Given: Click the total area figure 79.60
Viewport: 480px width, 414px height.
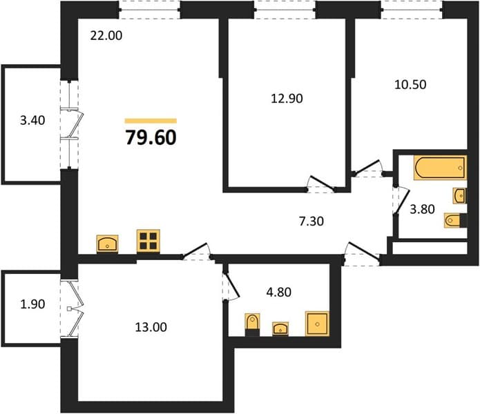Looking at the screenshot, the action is tap(151, 137).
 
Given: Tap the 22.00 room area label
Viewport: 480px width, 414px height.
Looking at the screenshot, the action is tap(106, 35).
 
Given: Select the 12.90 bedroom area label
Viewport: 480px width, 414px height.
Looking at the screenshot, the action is tap(287, 99).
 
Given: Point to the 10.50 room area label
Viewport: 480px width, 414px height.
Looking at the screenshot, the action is tap(410, 84).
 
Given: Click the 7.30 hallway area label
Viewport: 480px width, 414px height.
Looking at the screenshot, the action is tap(311, 221).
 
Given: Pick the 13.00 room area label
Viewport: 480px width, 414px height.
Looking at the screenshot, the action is tap(151, 327).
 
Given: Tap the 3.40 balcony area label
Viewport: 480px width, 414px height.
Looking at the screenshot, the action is tap(32, 120).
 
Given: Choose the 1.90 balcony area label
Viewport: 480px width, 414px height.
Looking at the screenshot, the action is tap(32, 304).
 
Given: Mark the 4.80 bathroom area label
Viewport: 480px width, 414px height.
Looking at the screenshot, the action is tap(278, 293).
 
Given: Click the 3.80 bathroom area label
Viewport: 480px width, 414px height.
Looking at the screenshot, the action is tap(422, 210).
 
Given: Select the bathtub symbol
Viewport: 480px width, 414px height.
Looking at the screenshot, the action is tap(440, 167).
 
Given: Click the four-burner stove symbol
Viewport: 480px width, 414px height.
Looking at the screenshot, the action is tap(148, 241).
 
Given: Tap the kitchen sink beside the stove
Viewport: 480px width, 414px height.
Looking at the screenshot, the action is tap(108, 244).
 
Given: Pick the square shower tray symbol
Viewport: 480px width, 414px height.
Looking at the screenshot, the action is tap(317, 324).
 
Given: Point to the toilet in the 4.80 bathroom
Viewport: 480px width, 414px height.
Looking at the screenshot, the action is tap(253, 324).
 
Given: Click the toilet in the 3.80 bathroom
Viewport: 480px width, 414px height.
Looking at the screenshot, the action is tap(455, 220).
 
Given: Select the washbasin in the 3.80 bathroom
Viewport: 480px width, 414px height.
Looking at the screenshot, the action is tap(460, 196).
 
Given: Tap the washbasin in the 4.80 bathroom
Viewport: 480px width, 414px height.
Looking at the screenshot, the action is tap(280, 328).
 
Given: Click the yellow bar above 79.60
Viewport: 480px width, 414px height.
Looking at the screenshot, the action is tap(151, 121).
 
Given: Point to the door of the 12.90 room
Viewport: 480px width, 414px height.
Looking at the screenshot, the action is tap(321, 184).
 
